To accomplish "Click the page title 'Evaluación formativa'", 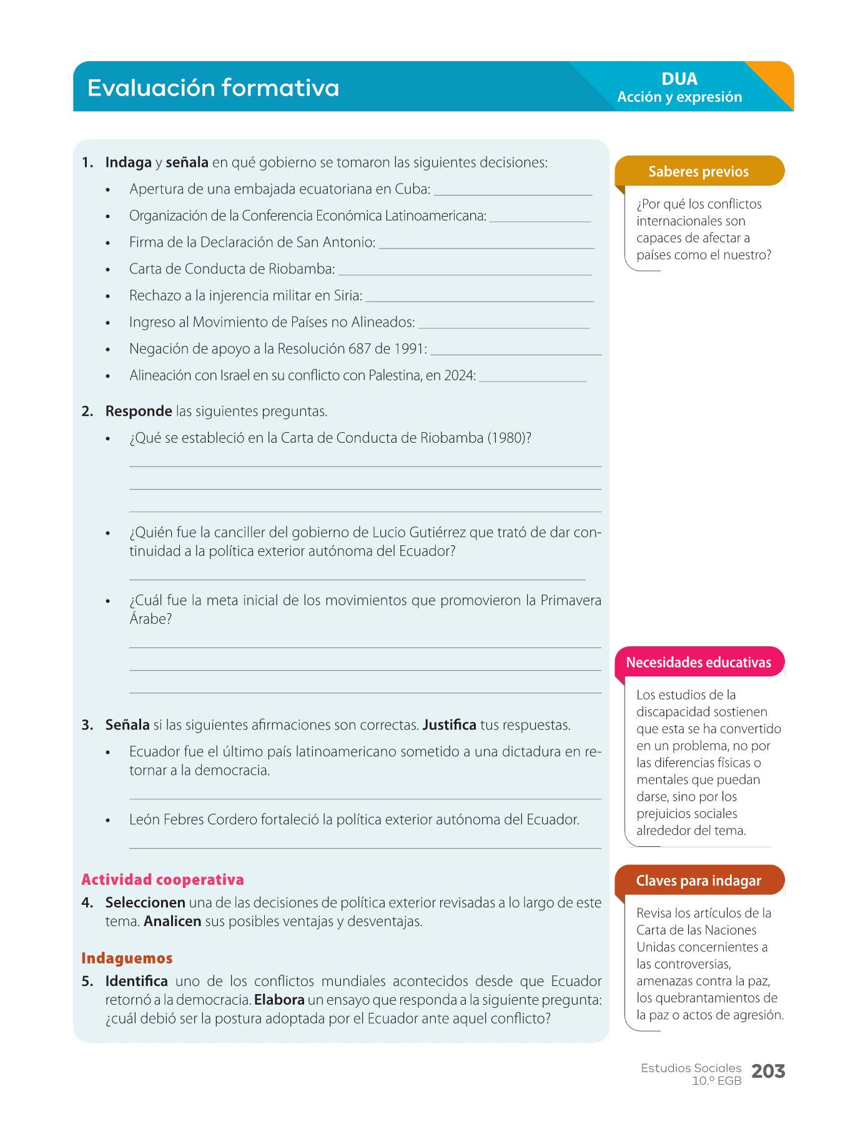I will pos(213,88).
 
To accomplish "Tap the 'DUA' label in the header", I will pos(679,79).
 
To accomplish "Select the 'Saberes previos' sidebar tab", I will pos(698,172).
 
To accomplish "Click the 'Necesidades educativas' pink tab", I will pos(698,663).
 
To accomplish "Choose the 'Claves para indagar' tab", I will pos(698,881).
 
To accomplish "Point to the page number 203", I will pos(768,1072).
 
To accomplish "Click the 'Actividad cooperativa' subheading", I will pos(162,880).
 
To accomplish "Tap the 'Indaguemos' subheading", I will pos(127,959).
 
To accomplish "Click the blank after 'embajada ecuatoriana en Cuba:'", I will pos(513,190).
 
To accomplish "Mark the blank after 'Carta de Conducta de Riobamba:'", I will pos(465,270).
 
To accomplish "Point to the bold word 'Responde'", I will pos(139,412).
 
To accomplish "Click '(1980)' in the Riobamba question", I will pos(509,438).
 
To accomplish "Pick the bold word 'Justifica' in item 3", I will pos(449,725).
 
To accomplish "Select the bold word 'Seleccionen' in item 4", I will pos(145,903).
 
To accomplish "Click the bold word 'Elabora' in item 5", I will pos(279,1000).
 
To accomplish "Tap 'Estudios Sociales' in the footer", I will pos(691,1068).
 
